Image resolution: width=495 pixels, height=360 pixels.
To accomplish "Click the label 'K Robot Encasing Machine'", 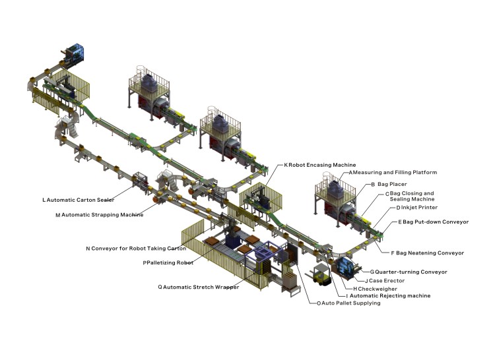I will (x=320, y=164).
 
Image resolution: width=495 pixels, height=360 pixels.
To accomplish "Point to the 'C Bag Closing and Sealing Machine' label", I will (x=409, y=196).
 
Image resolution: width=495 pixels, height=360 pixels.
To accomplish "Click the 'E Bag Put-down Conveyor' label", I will (x=432, y=222).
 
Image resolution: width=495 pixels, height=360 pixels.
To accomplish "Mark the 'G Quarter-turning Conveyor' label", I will (x=409, y=272).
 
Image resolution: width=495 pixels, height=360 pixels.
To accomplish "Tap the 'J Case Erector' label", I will (x=385, y=280).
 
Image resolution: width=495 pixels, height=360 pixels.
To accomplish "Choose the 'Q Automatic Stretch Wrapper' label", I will (x=199, y=287).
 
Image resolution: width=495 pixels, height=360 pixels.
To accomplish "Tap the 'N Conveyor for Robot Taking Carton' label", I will (x=135, y=249).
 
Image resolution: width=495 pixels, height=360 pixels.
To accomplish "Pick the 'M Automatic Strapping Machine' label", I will (x=99, y=214).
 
